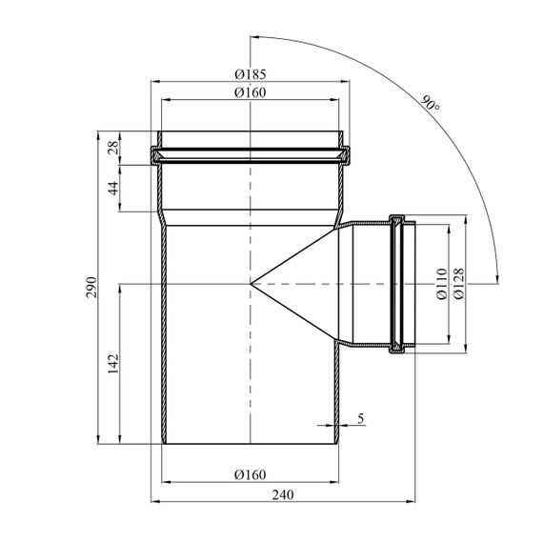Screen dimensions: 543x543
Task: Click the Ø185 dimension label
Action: point(250,74)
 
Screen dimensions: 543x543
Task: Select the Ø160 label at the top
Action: point(250,92)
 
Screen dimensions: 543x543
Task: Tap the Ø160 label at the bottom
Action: point(250,474)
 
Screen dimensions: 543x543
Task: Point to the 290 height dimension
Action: point(91,287)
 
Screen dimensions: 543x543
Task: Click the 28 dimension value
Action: point(114,148)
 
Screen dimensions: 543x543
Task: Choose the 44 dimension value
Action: point(114,188)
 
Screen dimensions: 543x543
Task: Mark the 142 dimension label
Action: point(113,363)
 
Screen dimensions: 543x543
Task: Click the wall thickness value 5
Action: point(361,418)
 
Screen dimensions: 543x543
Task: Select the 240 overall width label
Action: point(283,494)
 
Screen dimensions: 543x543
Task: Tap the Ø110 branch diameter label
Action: point(441,284)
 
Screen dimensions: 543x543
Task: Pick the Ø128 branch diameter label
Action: point(458,284)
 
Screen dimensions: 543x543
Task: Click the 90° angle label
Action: point(431,103)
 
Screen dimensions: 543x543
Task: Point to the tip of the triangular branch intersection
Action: point(251,284)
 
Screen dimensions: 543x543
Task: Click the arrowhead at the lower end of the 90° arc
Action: point(497,279)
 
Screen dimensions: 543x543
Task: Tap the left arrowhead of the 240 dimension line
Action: point(155,501)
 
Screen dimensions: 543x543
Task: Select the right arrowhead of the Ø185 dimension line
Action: point(345,81)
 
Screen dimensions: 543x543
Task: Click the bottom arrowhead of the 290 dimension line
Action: point(98,439)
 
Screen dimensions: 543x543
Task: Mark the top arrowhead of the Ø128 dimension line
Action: point(466,219)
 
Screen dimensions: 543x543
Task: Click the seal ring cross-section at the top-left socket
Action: point(156,156)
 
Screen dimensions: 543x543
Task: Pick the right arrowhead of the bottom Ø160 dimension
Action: point(334,482)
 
